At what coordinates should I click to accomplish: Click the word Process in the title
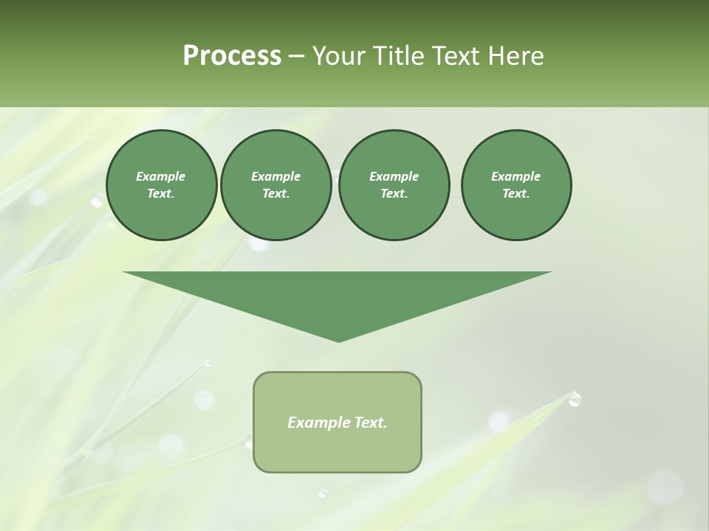(x=232, y=56)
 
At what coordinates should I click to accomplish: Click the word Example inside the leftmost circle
(x=161, y=176)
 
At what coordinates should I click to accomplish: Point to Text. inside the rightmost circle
(x=516, y=194)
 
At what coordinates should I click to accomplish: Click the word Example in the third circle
(x=394, y=176)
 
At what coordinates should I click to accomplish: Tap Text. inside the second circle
(x=275, y=194)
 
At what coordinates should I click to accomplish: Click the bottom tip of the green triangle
(x=338, y=340)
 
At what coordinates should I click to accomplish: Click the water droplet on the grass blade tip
(x=575, y=399)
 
